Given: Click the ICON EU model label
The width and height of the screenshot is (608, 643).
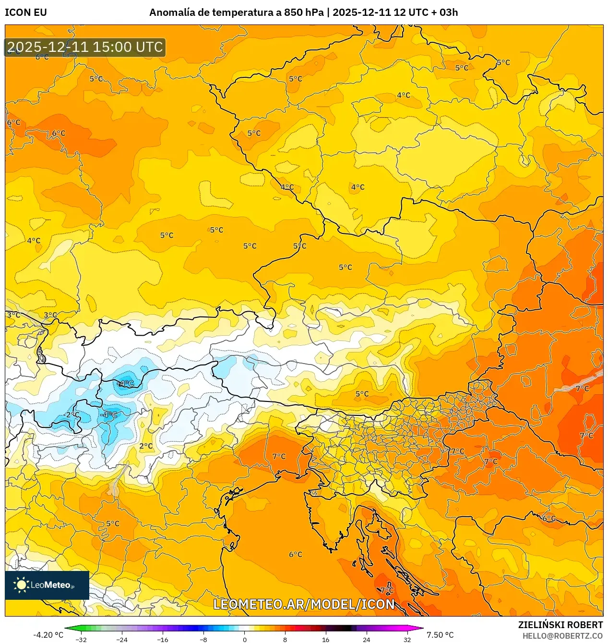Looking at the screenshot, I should (x=26, y=12).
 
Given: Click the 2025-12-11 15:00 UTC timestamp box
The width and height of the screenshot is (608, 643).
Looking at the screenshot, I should (x=85, y=47).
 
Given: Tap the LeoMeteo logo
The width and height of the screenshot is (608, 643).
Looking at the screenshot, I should (x=47, y=585).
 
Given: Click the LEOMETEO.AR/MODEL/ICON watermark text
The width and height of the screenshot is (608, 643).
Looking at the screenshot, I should (x=304, y=604).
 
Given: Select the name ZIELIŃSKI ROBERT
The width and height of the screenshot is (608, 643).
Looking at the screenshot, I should (x=560, y=625).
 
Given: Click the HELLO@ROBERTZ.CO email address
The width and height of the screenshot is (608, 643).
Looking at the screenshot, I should (x=562, y=636).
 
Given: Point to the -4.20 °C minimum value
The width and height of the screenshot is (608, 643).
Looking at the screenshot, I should (x=48, y=635).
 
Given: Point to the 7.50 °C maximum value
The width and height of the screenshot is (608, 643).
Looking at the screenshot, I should (x=440, y=635).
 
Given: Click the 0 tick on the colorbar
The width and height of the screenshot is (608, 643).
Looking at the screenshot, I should (x=244, y=640).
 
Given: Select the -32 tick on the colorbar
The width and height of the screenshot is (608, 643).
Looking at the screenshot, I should (x=81, y=640).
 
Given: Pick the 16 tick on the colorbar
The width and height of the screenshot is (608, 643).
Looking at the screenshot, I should (x=326, y=640).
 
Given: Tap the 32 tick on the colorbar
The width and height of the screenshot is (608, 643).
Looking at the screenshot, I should (x=407, y=640).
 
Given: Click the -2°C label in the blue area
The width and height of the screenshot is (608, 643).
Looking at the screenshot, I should (x=72, y=415).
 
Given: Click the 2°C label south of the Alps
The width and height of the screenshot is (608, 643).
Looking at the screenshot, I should (x=146, y=446).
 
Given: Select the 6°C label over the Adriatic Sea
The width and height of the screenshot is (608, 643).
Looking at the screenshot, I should (x=296, y=555).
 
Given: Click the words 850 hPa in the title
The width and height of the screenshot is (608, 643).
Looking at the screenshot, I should (x=303, y=12).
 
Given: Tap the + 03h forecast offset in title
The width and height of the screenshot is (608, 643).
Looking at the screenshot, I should (x=444, y=12).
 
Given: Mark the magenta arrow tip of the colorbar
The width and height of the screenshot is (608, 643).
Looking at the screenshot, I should (x=421, y=628).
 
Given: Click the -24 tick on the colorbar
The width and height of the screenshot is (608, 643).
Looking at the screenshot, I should (x=122, y=640).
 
